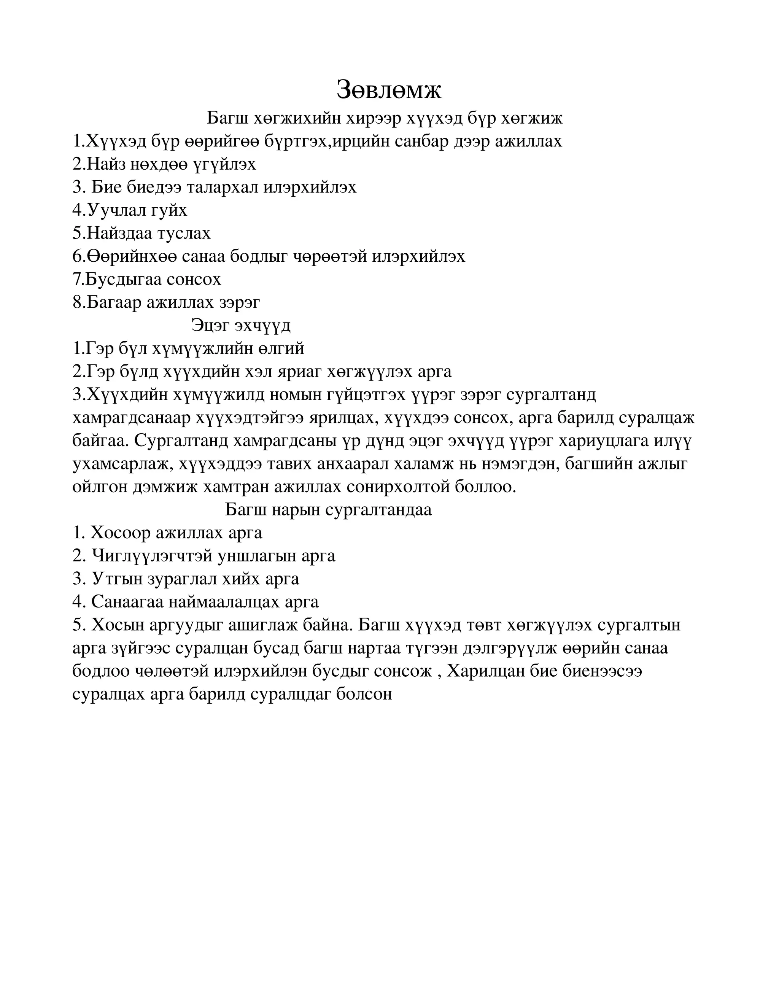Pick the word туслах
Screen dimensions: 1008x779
tap(184, 234)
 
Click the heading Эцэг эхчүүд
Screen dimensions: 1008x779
tap(241, 325)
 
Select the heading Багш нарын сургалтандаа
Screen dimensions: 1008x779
tap(328, 510)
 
